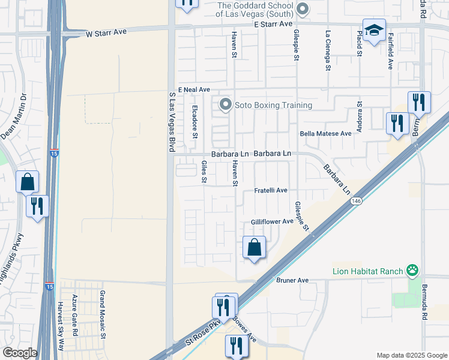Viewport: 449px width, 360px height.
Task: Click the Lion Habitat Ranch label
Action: click(367, 271)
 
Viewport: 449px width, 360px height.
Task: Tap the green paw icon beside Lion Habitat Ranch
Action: click(412, 271)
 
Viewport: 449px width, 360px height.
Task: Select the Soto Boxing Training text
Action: click(273, 106)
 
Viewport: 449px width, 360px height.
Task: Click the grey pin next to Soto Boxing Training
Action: click(226, 105)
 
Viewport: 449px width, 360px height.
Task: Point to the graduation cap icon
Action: click(374, 30)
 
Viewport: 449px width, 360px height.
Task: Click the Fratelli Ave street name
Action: click(271, 190)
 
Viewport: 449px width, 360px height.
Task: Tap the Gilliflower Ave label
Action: click(272, 221)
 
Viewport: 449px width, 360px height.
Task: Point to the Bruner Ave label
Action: click(292, 280)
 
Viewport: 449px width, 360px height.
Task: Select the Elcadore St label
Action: click(195, 122)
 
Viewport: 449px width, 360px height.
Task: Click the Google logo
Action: click(19, 353)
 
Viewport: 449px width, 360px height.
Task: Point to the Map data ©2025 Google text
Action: click(411, 355)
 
